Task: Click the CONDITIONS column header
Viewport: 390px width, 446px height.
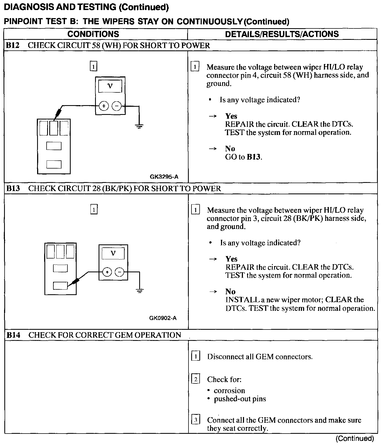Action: point(93,34)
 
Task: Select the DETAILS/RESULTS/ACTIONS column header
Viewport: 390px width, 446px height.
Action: point(282,34)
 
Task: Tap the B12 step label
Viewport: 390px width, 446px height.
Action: point(13,45)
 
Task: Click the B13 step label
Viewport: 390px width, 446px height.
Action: point(13,188)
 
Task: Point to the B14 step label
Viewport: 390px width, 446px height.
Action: point(13,335)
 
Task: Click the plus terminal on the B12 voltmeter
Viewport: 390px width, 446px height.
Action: point(104,106)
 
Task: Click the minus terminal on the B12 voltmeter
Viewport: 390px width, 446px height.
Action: point(117,106)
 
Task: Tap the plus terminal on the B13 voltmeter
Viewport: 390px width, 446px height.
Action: point(107,272)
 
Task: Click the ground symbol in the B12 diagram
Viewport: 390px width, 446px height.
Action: point(139,126)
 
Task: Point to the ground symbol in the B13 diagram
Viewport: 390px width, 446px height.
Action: point(140,291)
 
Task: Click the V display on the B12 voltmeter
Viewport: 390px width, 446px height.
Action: point(110,86)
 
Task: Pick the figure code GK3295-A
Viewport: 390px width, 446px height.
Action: point(164,177)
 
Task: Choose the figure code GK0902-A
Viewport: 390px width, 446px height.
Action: point(163,318)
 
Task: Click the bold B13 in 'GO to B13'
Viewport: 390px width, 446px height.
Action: point(254,157)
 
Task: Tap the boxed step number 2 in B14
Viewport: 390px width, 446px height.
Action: point(196,379)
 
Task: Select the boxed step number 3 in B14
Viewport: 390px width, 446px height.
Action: point(196,420)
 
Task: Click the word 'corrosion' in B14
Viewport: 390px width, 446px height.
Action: point(229,390)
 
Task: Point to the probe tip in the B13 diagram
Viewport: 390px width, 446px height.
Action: point(69,285)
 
